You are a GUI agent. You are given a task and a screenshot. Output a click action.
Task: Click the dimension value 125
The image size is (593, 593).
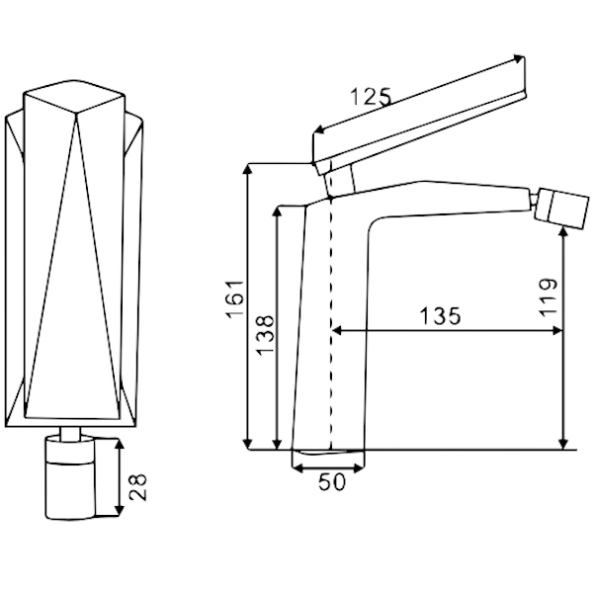(x=371, y=97)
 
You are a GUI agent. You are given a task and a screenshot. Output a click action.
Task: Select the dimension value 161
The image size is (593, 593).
(x=235, y=299)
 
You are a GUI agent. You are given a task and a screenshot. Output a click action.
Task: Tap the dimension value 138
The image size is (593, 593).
(x=265, y=335)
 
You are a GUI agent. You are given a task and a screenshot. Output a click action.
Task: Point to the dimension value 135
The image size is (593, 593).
(x=440, y=316)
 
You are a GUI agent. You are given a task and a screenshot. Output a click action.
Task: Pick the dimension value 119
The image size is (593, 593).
(x=549, y=296)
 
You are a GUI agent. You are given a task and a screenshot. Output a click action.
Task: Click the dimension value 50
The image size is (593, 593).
(x=332, y=482)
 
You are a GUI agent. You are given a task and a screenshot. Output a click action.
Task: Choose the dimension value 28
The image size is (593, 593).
(x=137, y=486)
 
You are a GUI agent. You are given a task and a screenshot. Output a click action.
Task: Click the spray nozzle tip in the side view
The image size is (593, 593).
(x=561, y=209)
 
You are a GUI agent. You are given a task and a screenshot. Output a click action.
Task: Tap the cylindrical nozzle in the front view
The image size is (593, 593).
(x=69, y=478)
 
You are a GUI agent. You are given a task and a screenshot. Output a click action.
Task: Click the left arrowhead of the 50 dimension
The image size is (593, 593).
(x=297, y=468)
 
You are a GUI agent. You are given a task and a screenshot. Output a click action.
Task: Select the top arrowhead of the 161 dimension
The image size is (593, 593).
(x=247, y=169)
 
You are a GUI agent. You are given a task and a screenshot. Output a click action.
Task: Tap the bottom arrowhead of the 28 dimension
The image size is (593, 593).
(x=120, y=510)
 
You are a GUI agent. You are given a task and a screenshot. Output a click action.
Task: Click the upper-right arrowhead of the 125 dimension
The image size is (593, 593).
(x=519, y=58)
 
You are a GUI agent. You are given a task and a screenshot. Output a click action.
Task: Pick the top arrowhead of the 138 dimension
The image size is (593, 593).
(x=277, y=212)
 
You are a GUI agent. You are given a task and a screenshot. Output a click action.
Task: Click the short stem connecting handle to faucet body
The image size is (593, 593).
(x=340, y=181)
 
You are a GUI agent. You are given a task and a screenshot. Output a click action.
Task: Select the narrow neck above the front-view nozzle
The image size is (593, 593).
(x=70, y=434)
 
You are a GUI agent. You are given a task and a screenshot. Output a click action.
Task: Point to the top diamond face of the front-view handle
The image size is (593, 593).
(x=74, y=96)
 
